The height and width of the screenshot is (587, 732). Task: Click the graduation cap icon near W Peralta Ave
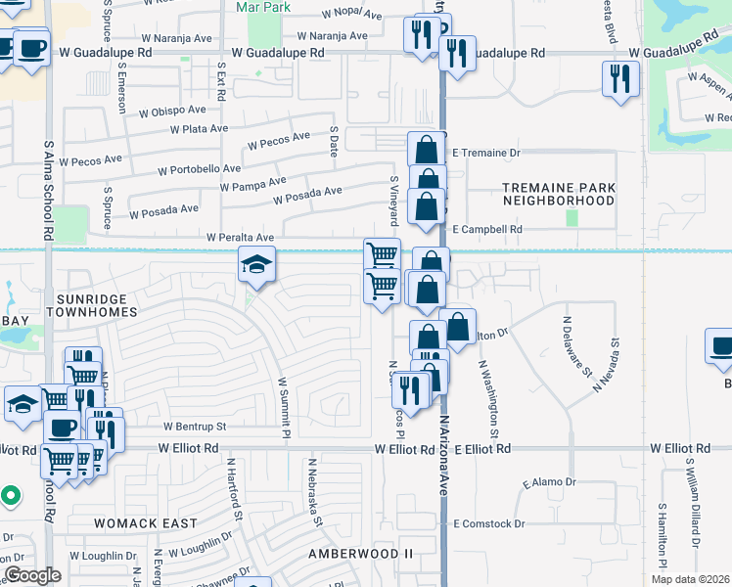(x=256, y=263)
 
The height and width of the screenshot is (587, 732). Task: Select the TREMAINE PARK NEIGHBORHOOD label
(x=559, y=194)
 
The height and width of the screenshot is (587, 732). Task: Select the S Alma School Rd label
(x=47, y=190)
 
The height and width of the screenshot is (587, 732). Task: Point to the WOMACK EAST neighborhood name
(x=145, y=523)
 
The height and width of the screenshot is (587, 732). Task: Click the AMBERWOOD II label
(x=361, y=554)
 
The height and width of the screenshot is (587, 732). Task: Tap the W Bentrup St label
(x=195, y=427)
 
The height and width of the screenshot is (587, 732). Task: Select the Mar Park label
(x=264, y=7)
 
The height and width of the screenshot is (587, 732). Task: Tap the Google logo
(x=32, y=575)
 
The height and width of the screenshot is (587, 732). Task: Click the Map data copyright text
(x=689, y=579)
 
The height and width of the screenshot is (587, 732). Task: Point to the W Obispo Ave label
(x=172, y=112)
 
